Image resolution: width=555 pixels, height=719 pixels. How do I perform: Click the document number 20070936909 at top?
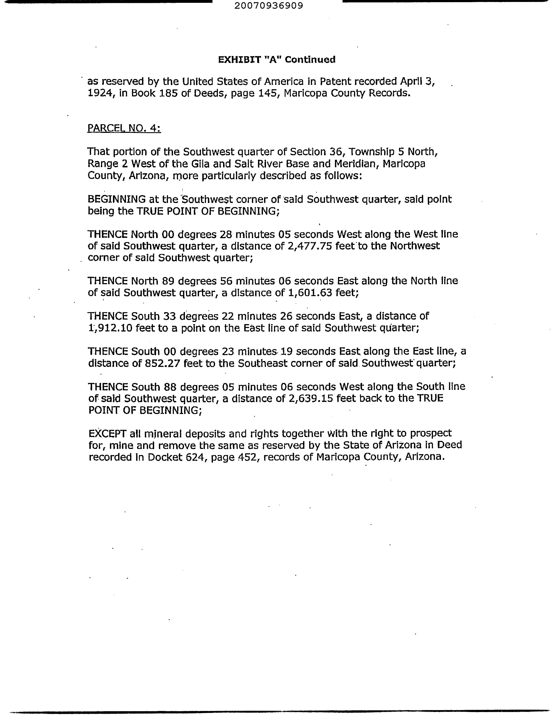[x=269, y=6]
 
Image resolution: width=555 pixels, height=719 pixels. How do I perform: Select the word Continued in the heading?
[x=310, y=59]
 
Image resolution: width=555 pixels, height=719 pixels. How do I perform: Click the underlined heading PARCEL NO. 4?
[x=124, y=128]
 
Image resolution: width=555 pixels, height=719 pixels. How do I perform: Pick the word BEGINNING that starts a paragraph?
[x=117, y=199]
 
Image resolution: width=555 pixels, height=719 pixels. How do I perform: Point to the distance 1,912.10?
[x=110, y=328]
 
